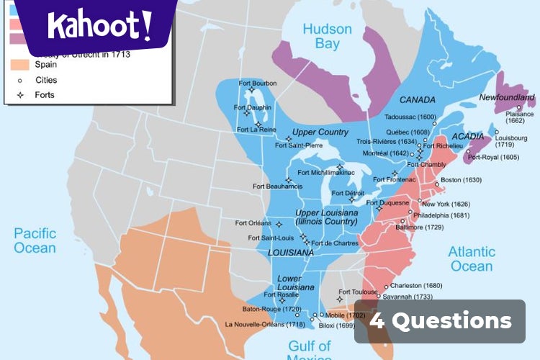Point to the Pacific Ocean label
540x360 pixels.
(x=35, y=240)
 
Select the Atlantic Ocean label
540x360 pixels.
(x=472, y=258)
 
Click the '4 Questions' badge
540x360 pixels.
(x=441, y=321)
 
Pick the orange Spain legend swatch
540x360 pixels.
(x=20, y=65)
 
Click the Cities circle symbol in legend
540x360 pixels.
(x=20, y=80)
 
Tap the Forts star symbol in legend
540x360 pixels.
(x=20, y=94)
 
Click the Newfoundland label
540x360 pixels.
(x=507, y=97)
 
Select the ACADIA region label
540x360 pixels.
(x=467, y=137)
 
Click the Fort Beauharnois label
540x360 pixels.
(x=277, y=186)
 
